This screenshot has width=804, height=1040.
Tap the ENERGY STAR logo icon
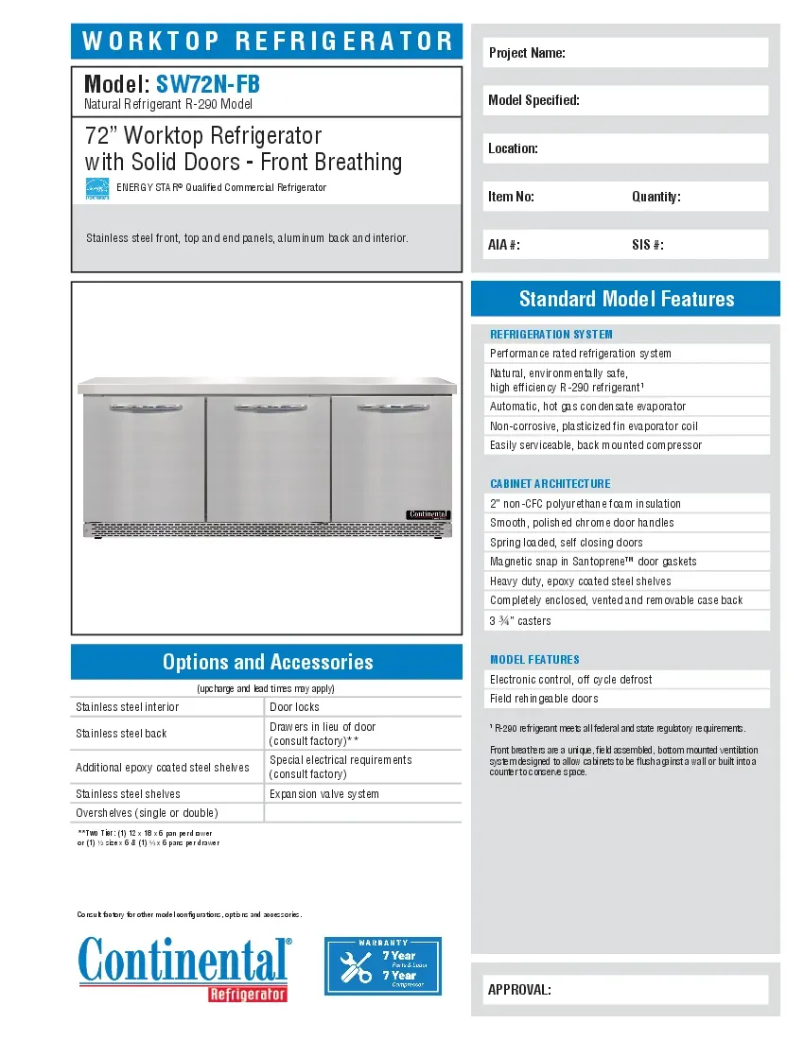tap(97, 188)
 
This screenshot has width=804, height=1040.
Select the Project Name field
tap(625, 53)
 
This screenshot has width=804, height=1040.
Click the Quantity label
tap(655, 197)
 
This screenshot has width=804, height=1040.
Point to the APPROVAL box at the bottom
tap(625, 990)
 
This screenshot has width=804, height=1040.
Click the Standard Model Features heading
tap(626, 299)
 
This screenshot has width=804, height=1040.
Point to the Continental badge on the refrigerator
tap(428, 513)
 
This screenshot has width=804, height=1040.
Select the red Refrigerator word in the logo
tap(247, 994)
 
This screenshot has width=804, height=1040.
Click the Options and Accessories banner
tap(268, 662)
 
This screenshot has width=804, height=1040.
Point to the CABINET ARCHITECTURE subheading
tap(551, 483)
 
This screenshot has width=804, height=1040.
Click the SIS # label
tap(647, 245)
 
